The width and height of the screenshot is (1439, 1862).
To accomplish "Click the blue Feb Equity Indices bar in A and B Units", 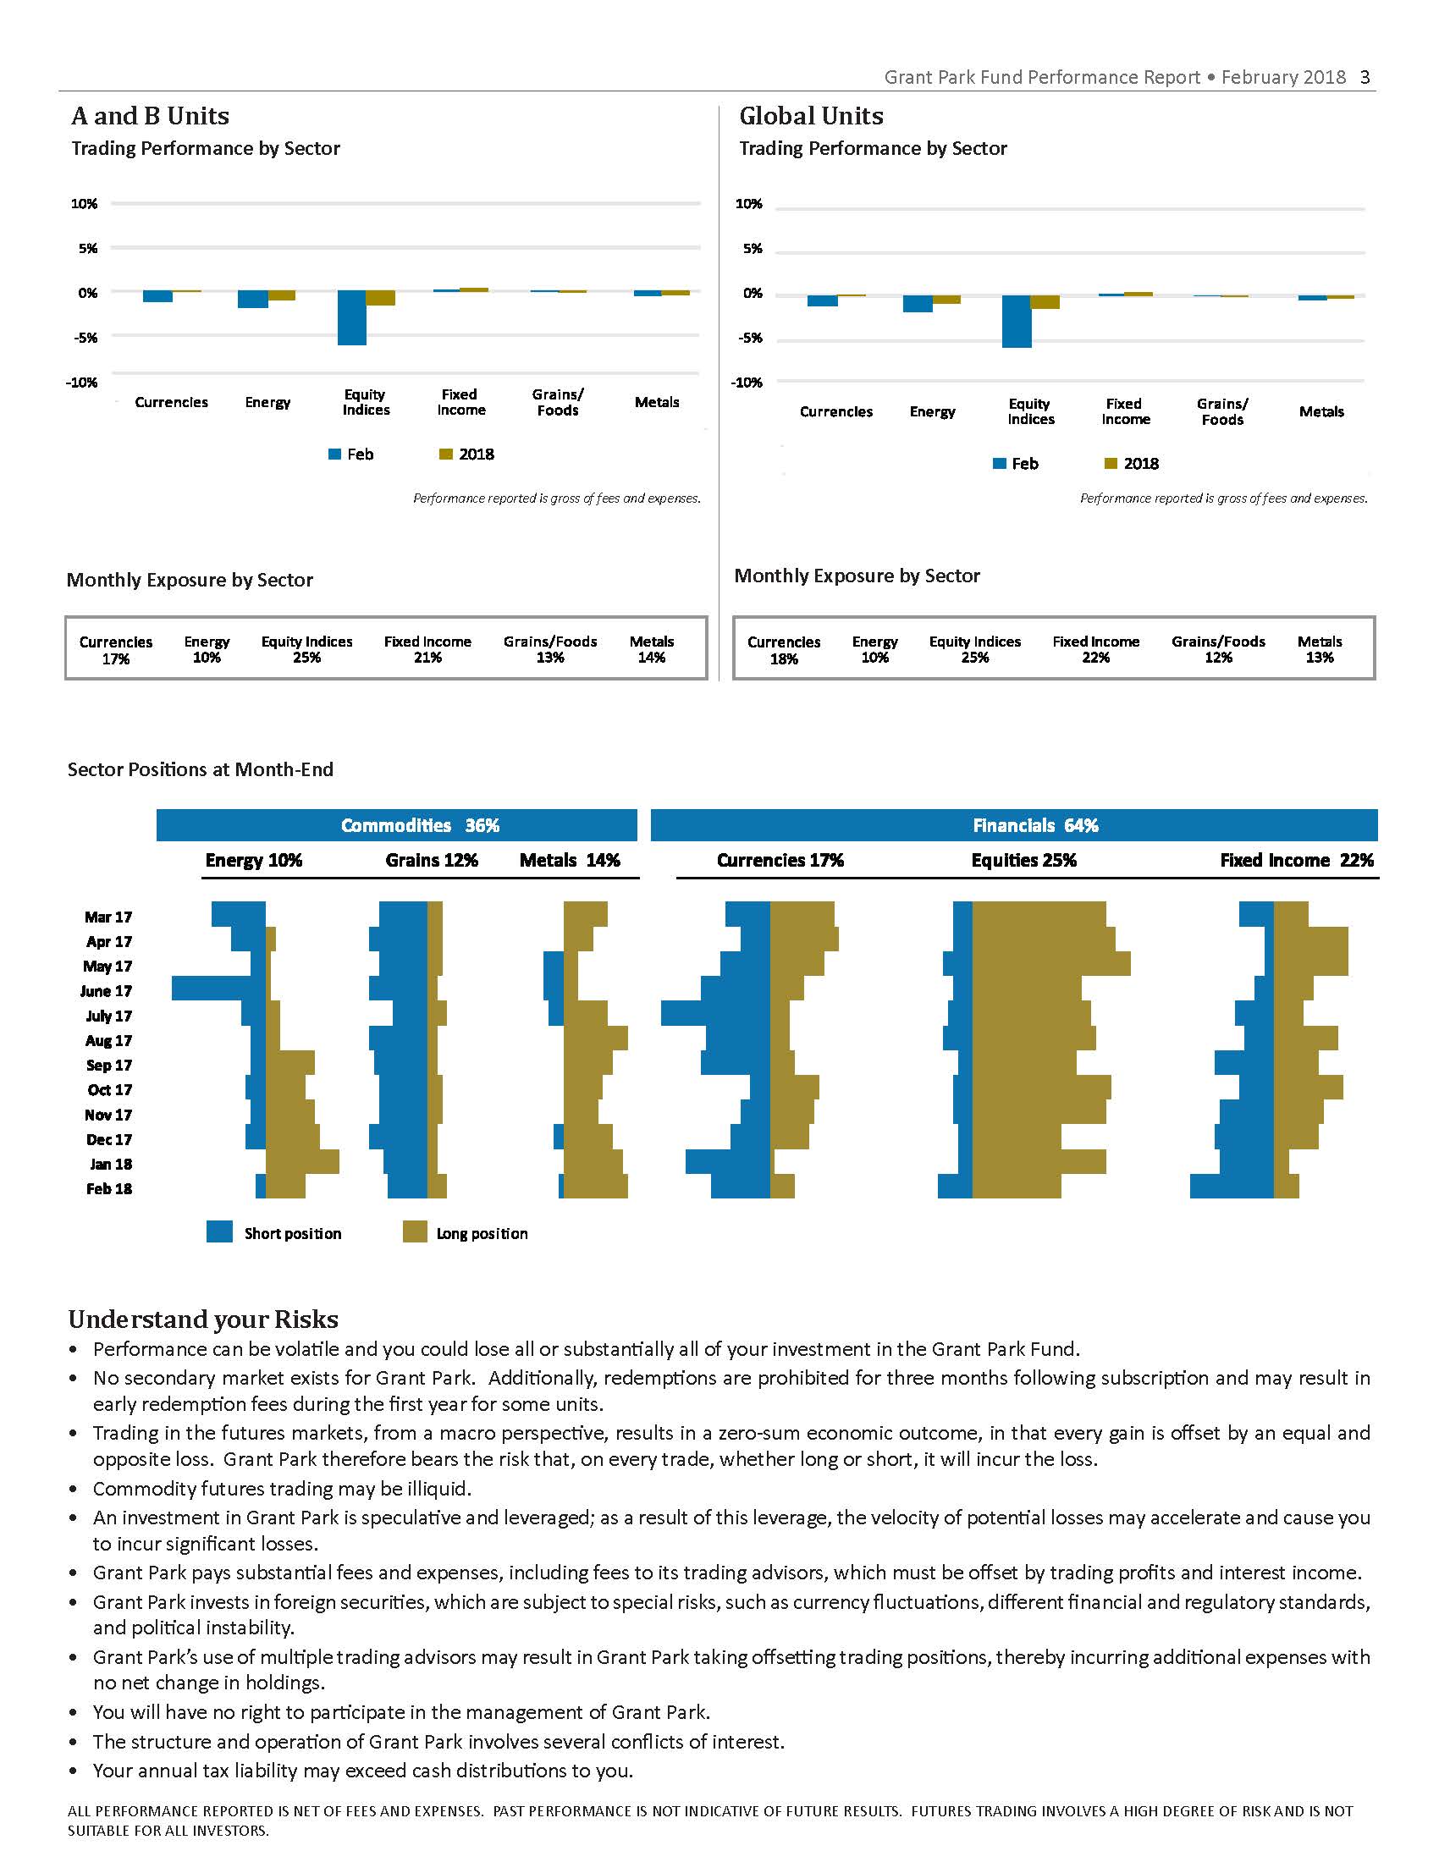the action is click(351, 318).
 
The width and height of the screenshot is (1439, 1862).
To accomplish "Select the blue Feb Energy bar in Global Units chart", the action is click(918, 305).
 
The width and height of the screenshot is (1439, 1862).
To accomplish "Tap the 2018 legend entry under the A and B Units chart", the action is click(466, 454).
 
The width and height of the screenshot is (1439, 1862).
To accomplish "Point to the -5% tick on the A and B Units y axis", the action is click(85, 338).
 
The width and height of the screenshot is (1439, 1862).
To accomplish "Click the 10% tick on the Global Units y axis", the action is click(748, 204).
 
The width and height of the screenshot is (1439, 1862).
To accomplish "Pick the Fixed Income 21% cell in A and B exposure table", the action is click(427, 649).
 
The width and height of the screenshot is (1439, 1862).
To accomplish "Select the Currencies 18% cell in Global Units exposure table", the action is click(784, 650).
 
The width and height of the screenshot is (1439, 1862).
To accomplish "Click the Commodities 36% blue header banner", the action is click(396, 825).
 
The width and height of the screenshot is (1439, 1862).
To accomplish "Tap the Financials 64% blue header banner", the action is click(1014, 825).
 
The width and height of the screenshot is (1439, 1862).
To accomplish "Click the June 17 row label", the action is click(106, 992).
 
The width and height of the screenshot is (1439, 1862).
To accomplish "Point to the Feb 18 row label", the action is click(109, 1189).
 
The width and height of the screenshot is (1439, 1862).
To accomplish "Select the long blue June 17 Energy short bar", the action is click(218, 989).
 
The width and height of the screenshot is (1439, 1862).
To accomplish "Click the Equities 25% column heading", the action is click(1024, 860).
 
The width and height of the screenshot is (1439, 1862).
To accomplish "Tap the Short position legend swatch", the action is click(219, 1231).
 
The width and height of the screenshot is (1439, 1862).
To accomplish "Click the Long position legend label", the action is click(482, 1234).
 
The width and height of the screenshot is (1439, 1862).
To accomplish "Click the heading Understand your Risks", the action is click(203, 1319).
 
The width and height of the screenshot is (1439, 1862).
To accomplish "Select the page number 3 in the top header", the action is click(1365, 78).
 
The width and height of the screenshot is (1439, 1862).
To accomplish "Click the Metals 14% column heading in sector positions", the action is click(570, 860).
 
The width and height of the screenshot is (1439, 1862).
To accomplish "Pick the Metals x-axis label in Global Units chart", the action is click(1321, 412).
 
